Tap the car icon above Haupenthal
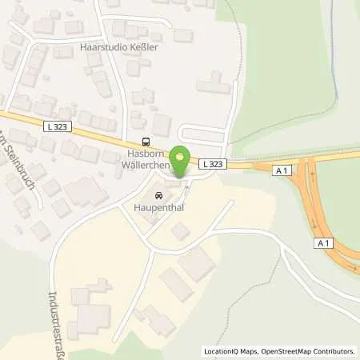coord(158,195)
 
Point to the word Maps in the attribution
coord(255,351)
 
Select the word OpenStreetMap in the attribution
coord(293,351)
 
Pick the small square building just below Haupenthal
coord(181,230)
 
